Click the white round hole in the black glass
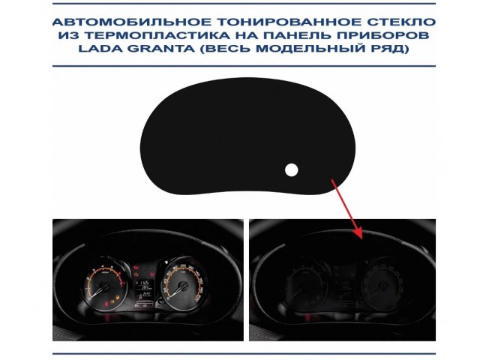tap(292, 170)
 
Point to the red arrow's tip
tap(362, 238)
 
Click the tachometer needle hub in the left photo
tap(104, 286)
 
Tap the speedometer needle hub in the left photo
tap(184, 286)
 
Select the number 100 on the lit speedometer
tap(183, 265)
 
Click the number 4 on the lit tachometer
tap(103, 266)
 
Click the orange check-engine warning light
tap(136, 275)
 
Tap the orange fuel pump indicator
tap(117, 297)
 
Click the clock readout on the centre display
tap(144, 282)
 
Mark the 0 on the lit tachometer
tap(90, 298)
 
